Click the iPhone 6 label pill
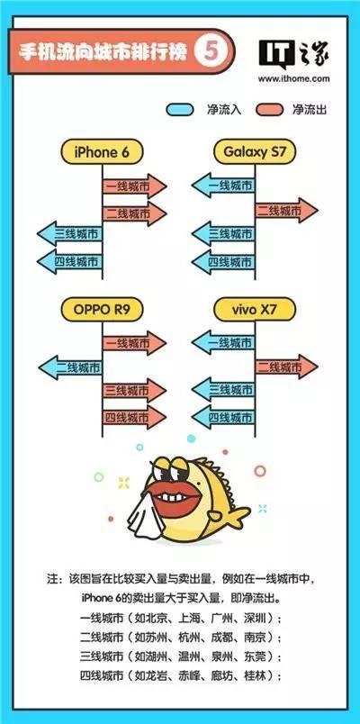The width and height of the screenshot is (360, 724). (x=102, y=152)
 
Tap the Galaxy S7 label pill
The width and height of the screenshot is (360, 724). (x=255, y=152)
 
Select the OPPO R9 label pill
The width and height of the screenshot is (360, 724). (x=102, y=309)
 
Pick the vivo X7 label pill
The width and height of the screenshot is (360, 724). (x=255, y=309)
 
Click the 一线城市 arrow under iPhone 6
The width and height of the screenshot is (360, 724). (x=134, y=186)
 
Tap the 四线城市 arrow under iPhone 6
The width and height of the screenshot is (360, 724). (x=69, y=262)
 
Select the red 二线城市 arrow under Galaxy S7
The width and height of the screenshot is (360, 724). (x=286, y=211)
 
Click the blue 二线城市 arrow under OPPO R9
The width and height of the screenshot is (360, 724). (x=70, y=368)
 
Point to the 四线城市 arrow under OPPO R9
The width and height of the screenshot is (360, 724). (x=134, y=418)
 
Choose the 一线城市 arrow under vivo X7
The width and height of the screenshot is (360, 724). (x=223, y=342)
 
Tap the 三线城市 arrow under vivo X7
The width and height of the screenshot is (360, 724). (x=223, y=390)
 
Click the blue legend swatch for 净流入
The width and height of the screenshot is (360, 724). (x=179, y=110)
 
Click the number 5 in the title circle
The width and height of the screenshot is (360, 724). (x=211, y=52)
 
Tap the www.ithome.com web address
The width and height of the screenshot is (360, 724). (x=294, y=78)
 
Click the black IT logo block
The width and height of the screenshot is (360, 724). (x=277, y=53)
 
